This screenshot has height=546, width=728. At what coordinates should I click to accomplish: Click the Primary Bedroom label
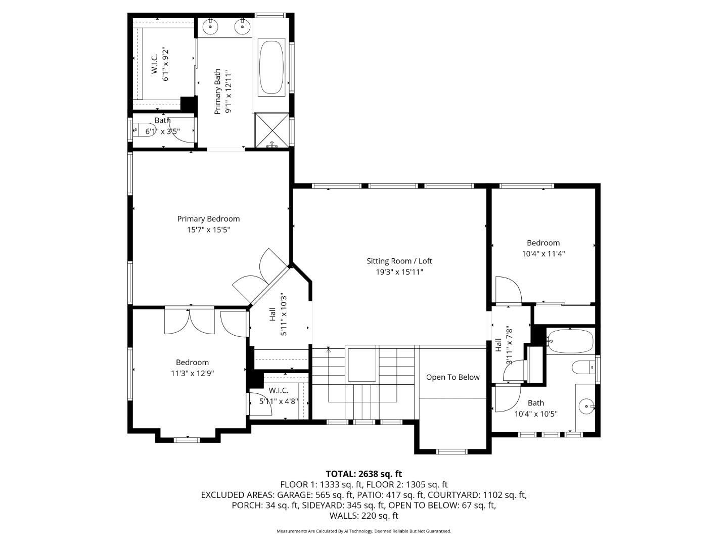coord(208,219)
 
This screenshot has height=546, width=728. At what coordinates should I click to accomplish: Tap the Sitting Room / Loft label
coord(399,261)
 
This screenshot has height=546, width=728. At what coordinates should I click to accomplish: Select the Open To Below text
coord(452,377)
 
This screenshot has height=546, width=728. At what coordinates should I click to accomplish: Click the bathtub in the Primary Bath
coord(271,67)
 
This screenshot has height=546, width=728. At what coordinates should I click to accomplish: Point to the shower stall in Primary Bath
coord(271,130)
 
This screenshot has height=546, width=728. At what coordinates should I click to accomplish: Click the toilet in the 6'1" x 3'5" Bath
coord(143,131)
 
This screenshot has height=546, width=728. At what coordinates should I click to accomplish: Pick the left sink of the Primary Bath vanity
coord(210,26)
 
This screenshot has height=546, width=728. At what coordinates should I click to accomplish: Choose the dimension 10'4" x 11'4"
coord(543,254)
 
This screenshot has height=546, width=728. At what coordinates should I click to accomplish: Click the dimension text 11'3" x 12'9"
coord(193,374)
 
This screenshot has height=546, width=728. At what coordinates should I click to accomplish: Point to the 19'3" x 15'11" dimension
coord(399,272)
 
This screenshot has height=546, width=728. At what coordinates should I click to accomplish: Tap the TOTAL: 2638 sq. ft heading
coord(363,474)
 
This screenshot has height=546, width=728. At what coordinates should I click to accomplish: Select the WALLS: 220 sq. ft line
coord(363,516)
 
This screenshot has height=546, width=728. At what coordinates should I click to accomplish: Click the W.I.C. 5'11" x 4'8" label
coord(279,396)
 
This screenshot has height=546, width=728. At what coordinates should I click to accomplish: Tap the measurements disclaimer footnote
coord(363,531)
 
